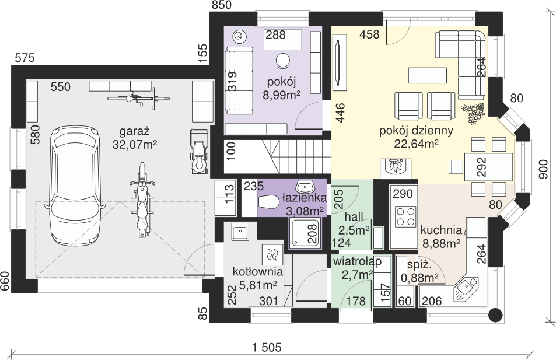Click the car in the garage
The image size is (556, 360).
point(75,184)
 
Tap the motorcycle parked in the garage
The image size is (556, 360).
point(142,200)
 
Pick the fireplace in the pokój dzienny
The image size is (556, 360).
point(396,168)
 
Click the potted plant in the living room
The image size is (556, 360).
point(473,113)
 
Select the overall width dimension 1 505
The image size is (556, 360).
point(267,347)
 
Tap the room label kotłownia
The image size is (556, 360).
point(258,272)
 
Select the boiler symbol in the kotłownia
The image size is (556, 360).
point(272,254)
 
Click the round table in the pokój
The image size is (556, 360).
point(284,60)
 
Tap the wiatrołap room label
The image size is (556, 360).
point(357,261)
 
